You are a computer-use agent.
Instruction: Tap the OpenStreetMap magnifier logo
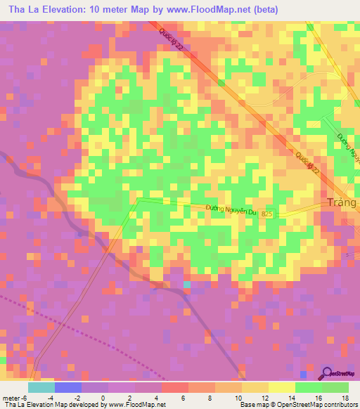[328, 374]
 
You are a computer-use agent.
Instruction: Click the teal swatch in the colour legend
[41, 387]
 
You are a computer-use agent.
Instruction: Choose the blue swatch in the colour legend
[67, 387]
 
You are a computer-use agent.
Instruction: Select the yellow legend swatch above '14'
[281, 387]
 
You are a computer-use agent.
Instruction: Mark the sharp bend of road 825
[139, 200]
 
